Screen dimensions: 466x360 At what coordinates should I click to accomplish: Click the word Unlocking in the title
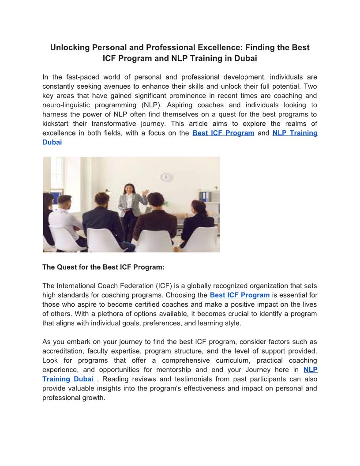point(68,48)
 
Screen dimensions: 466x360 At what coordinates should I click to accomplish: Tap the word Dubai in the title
point(246,58)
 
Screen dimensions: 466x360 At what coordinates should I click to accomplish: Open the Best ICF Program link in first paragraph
point(223,133)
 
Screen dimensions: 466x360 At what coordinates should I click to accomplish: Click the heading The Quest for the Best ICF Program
point(103,267)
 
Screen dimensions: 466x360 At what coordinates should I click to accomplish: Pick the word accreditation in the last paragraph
point(63,351)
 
